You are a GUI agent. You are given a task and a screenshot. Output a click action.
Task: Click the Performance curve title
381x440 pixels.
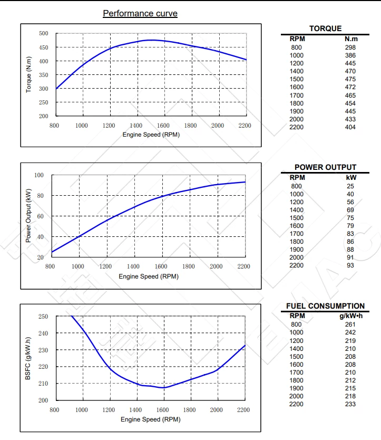click(x=140, y=13)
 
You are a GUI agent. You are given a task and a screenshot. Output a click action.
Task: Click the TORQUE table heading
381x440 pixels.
click(x=325, y=28)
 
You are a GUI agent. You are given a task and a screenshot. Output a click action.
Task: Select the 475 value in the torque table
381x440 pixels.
click(x=350, y=79)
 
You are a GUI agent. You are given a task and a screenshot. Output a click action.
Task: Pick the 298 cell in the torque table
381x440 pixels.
click(x=350, y=47)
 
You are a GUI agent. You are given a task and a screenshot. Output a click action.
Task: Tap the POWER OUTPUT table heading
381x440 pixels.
click(x=325, y=167)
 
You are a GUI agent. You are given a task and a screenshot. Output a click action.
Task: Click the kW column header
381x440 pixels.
click(x=351, y=177)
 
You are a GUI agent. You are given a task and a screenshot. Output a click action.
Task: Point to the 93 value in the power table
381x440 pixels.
click(x=351, y=265)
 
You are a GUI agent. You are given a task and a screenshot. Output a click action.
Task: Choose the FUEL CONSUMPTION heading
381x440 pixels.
click(x=325, y=306)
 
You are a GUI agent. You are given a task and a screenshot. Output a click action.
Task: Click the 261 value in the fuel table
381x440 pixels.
click(x=350, y=324)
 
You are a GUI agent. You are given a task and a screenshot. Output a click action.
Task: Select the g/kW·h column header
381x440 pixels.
click(x=351, y=315)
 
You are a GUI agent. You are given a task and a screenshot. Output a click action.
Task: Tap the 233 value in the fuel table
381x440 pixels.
click(x=350, y=404)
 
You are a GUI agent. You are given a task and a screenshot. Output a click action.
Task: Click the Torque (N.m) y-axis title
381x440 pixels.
click(x=29, y=74)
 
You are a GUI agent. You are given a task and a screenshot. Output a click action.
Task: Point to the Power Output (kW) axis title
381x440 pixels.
click(x=28, y=216)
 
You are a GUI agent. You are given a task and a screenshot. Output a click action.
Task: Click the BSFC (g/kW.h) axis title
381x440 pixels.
click(x=28, y=358)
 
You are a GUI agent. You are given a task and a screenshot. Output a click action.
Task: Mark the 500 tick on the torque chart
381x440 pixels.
click(x=44, y=33)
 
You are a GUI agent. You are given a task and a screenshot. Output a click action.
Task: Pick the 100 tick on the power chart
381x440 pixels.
click(x=39, y=175)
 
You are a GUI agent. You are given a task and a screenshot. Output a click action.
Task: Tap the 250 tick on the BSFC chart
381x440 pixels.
click(x=44, y=317)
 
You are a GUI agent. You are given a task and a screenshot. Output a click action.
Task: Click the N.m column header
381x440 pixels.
click(x=351, y=39)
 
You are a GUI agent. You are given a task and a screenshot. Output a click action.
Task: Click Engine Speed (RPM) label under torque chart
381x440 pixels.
click(x=151, y=135)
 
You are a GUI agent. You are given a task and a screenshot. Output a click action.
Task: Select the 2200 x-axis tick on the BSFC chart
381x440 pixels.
click(x=243, y=410)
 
